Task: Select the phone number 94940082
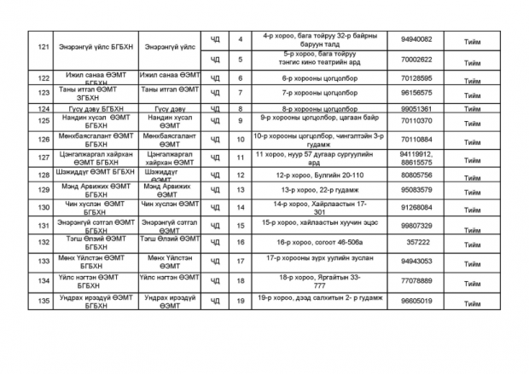416,39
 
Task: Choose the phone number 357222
416,242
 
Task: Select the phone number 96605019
416,301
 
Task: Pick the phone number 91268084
416,207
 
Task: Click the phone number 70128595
416,78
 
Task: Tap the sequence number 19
241,301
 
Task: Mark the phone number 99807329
416,225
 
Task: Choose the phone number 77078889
416,280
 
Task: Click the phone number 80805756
416,174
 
